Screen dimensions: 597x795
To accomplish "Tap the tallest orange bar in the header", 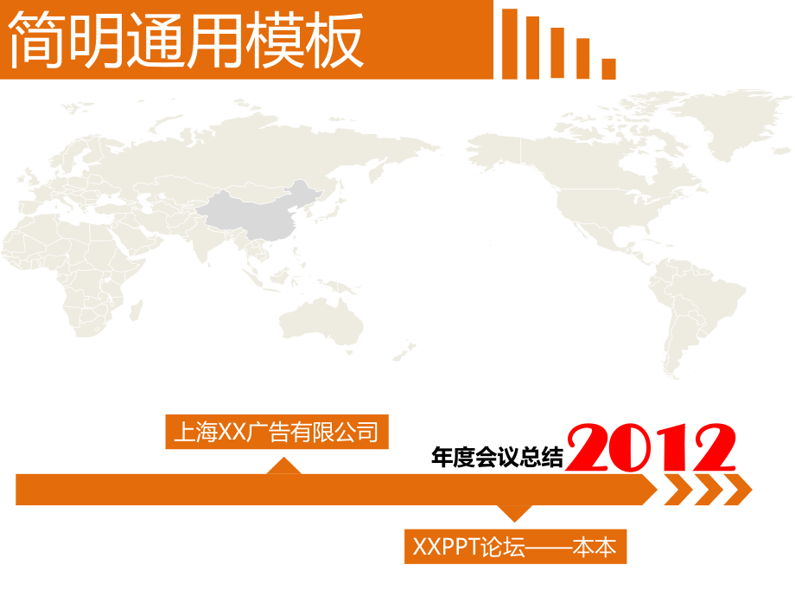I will click(x=510, y=44).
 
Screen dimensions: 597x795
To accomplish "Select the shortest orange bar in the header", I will click(x=609, y=68).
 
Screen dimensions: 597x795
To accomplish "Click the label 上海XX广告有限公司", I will click(x=277, y=432).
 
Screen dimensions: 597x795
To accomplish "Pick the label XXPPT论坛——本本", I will click(x=514, y=547).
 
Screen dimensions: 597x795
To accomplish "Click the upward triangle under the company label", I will click(x=283, y=466).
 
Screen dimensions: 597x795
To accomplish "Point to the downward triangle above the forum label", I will click(x=514, y=513).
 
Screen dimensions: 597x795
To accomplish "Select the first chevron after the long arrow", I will click(x=675, y=490).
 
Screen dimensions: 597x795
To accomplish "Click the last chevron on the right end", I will click(x=737, y=490).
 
